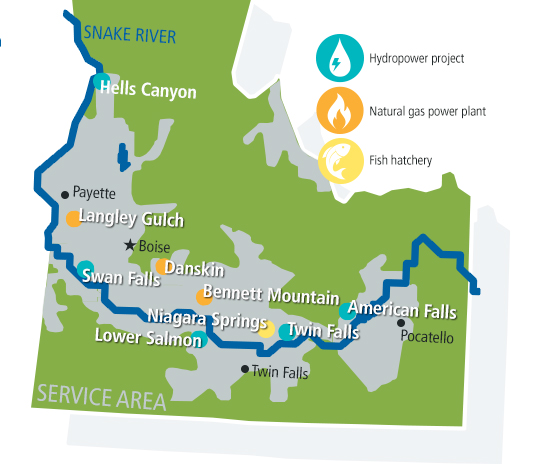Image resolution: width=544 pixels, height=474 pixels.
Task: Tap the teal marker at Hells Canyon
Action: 101,83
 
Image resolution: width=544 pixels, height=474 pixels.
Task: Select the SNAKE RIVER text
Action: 130,37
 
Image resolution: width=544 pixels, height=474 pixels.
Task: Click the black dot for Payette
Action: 65,194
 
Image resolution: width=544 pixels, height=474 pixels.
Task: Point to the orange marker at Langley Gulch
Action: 72,218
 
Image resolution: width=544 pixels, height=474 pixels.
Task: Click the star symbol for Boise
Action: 128,245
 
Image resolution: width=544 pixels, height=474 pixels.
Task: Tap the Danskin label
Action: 194,269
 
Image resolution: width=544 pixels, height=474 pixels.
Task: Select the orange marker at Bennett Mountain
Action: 202,296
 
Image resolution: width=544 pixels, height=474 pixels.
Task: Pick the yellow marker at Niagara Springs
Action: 267,327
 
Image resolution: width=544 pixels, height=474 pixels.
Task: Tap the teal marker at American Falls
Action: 346,310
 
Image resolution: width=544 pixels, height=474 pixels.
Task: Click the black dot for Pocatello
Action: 401,322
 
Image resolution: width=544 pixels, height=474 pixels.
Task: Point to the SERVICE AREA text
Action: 100,397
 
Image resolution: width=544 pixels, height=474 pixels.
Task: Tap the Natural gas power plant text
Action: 427,111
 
